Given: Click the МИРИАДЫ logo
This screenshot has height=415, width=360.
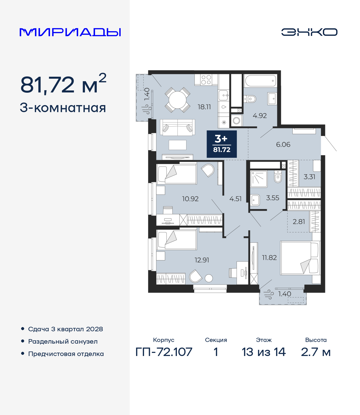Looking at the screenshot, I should tap(70, 32).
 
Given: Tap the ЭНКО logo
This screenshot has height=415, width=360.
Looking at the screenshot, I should tap(309, 32).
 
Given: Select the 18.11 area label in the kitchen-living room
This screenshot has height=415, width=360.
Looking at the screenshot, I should tap(204, 107).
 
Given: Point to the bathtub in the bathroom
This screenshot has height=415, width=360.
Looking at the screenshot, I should tap(260, 81).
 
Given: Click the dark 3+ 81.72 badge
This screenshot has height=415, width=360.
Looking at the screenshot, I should tap(222, 144).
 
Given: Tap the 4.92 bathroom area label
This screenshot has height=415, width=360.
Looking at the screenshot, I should tap(260, 116).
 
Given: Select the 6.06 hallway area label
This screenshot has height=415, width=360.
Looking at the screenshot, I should tap(283, 145).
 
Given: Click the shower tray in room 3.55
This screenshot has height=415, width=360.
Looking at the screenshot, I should tap(259, 179).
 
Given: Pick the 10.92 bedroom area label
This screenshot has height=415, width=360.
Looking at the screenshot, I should tap(190, 199).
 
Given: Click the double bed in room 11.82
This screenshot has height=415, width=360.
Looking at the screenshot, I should tap(300, 258).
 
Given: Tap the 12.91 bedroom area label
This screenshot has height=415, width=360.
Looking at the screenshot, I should tap(202, 260).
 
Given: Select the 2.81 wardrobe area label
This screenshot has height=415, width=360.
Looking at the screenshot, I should tap(299, 222).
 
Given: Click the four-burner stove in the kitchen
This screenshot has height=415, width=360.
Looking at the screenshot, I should tap(206, 80).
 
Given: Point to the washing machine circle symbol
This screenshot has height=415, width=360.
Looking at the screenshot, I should tap(237, 121).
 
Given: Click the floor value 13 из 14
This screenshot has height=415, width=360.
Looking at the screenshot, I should tap(264, 352).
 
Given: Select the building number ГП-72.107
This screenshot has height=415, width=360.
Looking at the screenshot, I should tap(164, 352).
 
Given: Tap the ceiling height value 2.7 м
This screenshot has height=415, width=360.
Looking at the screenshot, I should tap(316, 352).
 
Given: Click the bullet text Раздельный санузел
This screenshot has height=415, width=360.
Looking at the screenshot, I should tap(63, 342).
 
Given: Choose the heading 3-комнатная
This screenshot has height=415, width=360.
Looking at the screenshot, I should tap(63, 108).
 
